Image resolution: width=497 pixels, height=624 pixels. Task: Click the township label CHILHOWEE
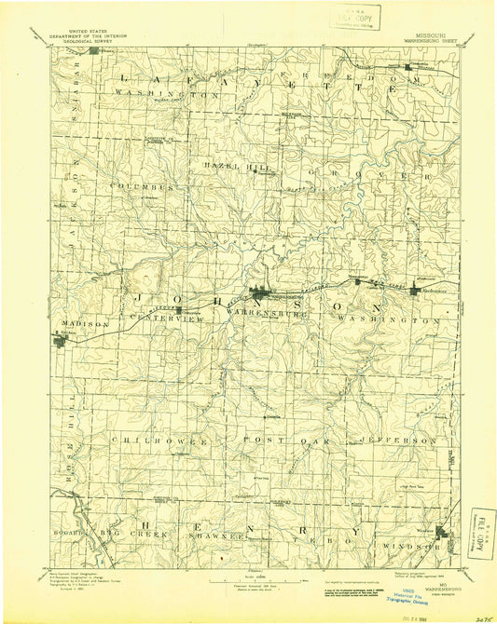pyautogui.click(x=143, y=438)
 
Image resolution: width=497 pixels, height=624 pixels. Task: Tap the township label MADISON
pyautogui.click(x=78, y=324)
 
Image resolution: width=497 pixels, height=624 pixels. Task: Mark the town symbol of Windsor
pyautogui.click(x=444, y=534)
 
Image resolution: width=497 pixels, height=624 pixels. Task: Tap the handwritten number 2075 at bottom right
pyautogui.click(x=482, y=615)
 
